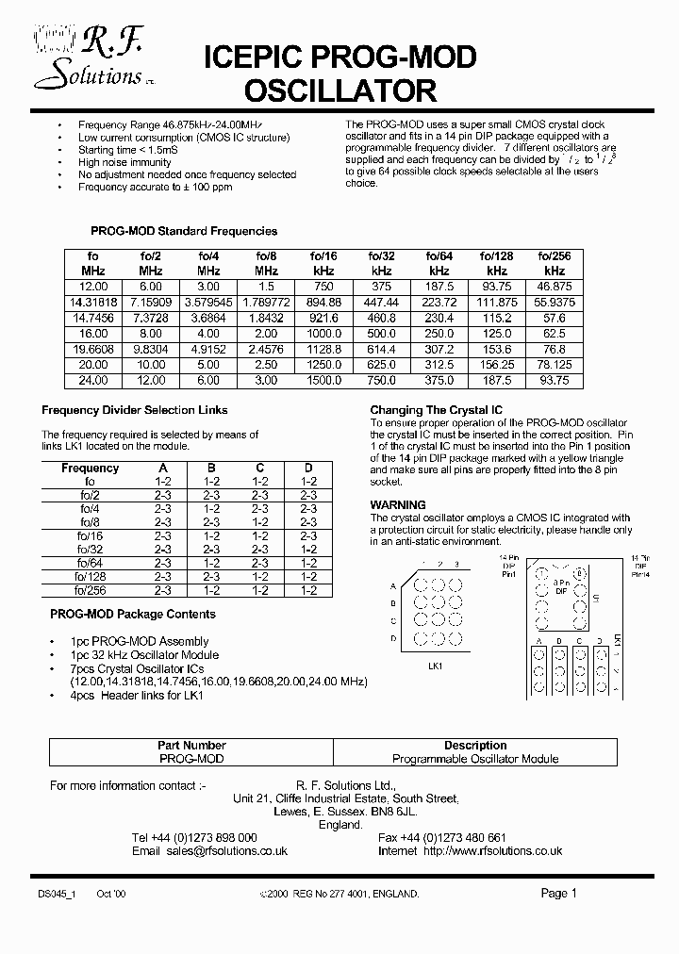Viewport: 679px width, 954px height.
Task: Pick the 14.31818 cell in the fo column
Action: pos(91,302)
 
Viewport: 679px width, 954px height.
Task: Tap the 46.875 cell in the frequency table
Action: pos(555,286)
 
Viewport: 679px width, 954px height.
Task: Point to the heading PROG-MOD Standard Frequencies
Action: pos(183,231)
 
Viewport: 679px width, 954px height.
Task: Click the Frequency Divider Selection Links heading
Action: pos(134,410)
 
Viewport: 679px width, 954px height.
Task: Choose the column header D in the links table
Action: pos(306,468)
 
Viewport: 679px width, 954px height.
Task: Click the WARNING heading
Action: pos(397,505)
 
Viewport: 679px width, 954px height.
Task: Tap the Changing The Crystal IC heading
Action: pos(435,410)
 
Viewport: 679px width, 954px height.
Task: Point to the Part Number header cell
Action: pos(191,745)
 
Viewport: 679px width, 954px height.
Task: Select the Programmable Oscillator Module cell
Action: pos(475,759)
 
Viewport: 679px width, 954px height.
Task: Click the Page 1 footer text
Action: pos(558,893)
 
